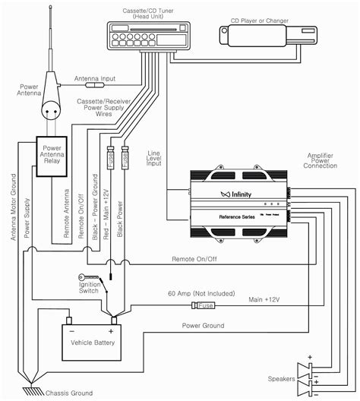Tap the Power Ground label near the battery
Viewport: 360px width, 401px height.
(202, 325)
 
